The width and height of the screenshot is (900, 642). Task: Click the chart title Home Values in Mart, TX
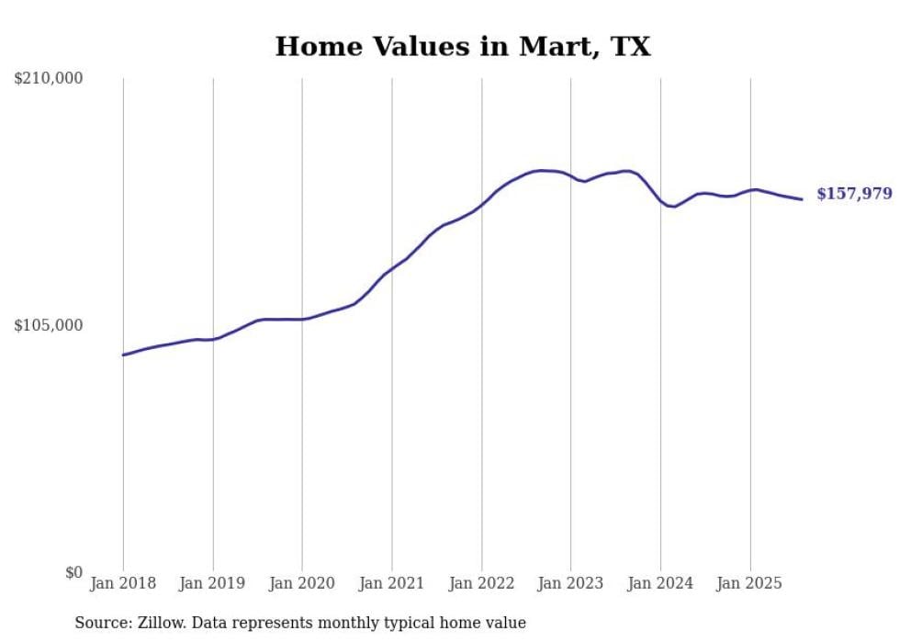tap(463, 47)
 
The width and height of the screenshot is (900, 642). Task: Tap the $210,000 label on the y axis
tap(49, 78)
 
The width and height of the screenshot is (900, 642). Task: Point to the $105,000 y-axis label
tap(49, 325)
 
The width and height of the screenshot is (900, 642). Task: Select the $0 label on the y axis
tap(73, 572)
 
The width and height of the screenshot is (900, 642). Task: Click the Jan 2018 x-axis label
tap(123, 583)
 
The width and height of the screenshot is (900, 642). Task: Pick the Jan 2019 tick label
tap(213, 583)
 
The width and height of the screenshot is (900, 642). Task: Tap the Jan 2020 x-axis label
tap(302, 583)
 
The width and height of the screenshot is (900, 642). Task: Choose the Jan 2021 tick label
tap(392, 583)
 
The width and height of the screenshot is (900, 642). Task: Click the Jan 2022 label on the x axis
tap(481, 583)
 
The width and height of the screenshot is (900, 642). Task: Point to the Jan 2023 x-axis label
tap(571, 583)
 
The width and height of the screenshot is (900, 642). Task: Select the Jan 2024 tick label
tap(660, 583)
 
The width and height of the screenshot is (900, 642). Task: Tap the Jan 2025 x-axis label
tap(750, 583)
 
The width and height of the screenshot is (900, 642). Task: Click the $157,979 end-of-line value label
tap(854, 194)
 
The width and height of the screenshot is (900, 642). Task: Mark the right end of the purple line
tap(802, 199)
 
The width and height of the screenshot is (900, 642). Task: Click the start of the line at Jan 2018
tap(123, 355)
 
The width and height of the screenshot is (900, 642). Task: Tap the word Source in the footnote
tap(102, 623)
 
